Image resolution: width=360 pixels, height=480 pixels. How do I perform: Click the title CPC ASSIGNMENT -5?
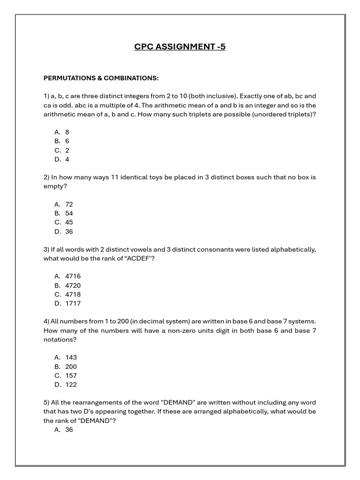point(180,46)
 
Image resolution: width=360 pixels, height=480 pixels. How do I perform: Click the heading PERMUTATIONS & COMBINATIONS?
point(101,78)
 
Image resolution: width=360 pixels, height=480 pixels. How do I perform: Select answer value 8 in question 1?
point(67,132)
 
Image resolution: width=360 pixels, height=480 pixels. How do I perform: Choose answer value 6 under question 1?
point(67,141)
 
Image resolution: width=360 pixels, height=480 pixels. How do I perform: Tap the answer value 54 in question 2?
point(69,213)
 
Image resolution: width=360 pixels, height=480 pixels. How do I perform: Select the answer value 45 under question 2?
point(69,222)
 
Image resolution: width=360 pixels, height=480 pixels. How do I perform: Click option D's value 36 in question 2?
point(69,232)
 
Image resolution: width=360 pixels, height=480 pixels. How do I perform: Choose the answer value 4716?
point(73,276)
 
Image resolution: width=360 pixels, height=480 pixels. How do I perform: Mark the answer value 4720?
point(73,285)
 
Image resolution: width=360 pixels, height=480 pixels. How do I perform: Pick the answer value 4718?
point(73,294)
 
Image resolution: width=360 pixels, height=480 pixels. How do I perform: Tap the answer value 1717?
point(73,303)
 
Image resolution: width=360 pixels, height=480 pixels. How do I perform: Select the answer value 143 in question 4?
point(71,357)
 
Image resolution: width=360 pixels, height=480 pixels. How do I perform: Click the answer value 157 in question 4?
point(71,375)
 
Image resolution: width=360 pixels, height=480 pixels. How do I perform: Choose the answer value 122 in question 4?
point(71,384)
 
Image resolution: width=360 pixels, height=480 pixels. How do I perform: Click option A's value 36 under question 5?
point(69,429)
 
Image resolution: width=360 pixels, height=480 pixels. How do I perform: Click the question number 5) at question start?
point(46,403)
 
